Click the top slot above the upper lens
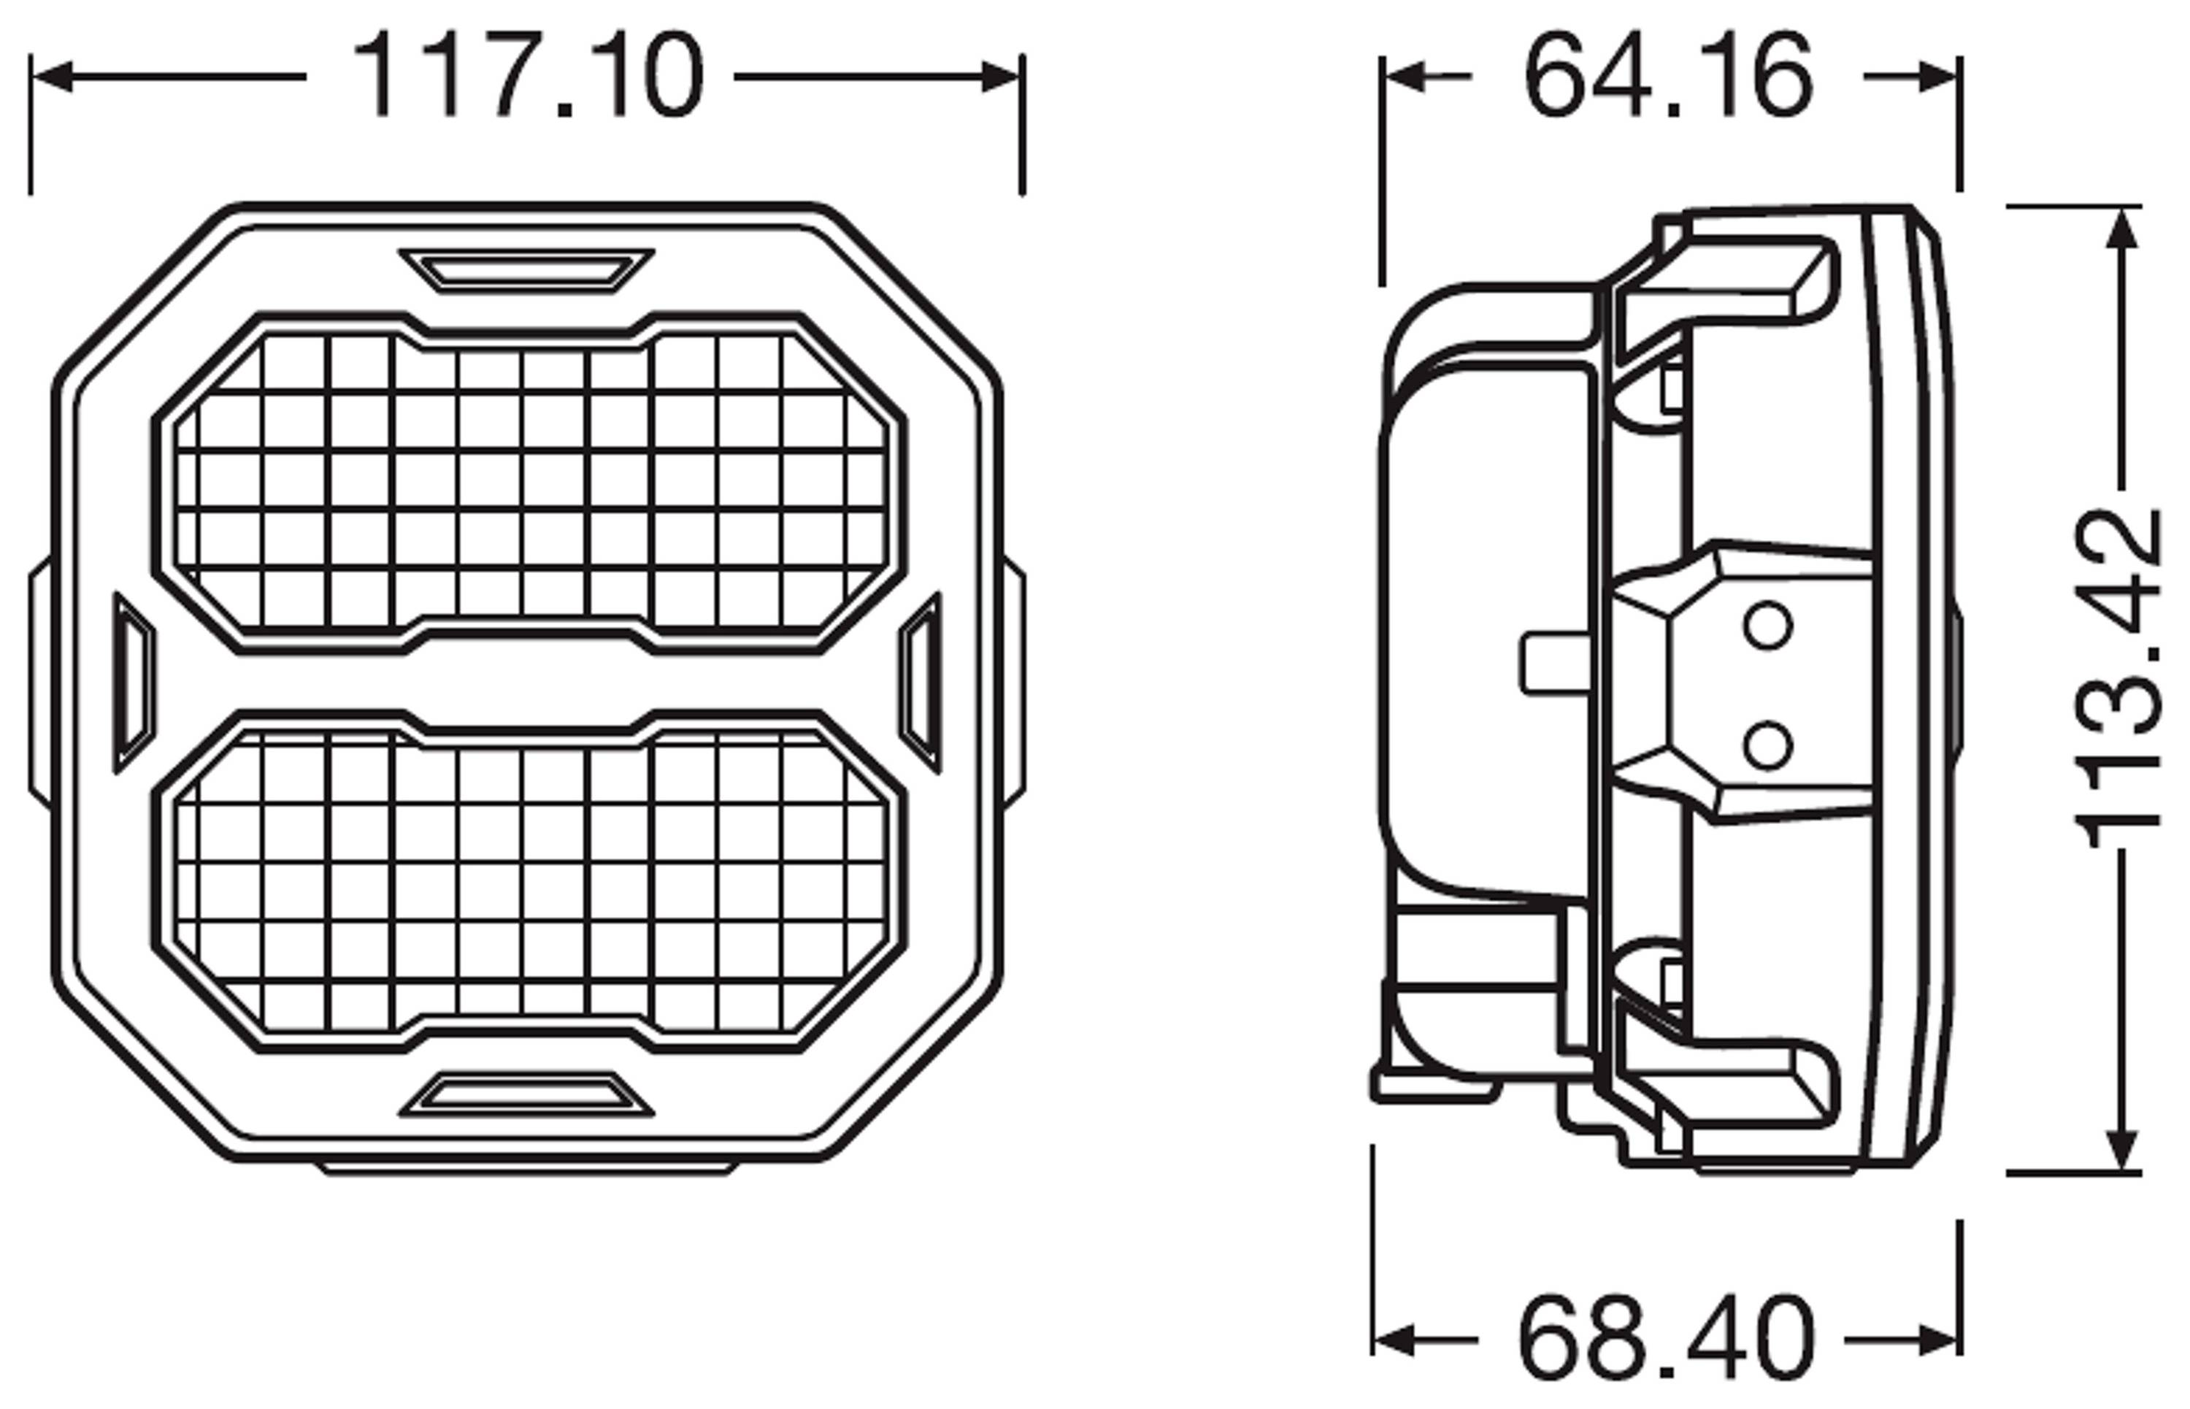point(527,271)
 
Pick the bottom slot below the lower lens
point(527,1095)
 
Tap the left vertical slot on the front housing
point(134,683)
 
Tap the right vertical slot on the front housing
point(921,683)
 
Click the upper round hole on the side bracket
point(1767,626)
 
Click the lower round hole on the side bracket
point(1767,745)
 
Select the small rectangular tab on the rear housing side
point(1554,664)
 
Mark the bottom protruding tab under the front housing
point(528,1168)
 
